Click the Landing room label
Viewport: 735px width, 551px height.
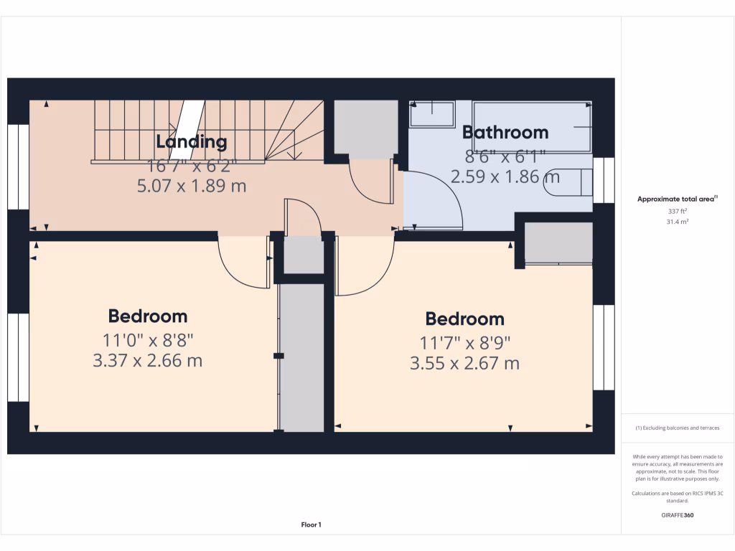pos(192,142)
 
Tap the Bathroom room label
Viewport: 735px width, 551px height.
pos(505,132)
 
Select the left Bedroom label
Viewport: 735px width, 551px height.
pos(148,316)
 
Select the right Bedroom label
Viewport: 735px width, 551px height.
pos(464,319)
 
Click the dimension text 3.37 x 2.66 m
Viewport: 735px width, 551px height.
pos(148,360)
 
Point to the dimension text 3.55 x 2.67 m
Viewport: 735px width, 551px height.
pos(464,364)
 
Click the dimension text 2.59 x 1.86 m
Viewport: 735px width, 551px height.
pos(505,176)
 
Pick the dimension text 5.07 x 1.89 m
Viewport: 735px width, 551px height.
pos(192,186)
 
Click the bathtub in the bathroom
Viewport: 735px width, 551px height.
pos(532,127)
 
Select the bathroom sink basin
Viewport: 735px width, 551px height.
pos(432,114)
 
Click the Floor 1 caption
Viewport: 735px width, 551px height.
pos(311,525)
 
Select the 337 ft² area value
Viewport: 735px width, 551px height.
pos(678,212)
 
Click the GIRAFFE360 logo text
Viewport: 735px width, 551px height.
pos(678,515)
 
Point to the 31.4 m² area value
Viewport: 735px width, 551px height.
pos(678,222)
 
